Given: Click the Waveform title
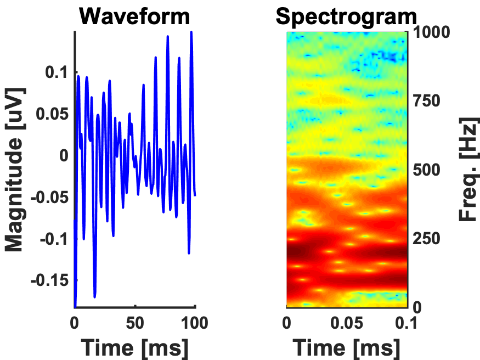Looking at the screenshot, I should pyautogui.click(x=135, y=16).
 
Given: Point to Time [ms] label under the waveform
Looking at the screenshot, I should pyautogui.click(x=135, y=347).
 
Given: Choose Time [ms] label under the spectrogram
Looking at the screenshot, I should pyautogui.click(x=347, y=347).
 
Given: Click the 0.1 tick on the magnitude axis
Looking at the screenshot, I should pyautogui.click(x=55, y=72).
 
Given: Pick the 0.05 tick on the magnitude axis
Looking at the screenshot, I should pyautogui.click(x=50, y=114).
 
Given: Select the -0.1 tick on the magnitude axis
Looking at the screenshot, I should pyautogui.click(x=53, y=239).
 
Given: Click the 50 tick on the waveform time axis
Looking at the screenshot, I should pyautogui.click(x=135, y=323).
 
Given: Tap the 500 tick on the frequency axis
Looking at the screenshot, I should pyautogui.click(x=426, y=170).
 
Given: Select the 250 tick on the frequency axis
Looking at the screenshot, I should pyautogui.click(x=426, y=239).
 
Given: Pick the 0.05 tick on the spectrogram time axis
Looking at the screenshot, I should pyautogui.click(x=347, y=323).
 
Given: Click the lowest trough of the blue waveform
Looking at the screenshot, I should pyautogui.click(x=95, y=297).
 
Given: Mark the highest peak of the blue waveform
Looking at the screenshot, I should pyautogui.click(x=191, y=32).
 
